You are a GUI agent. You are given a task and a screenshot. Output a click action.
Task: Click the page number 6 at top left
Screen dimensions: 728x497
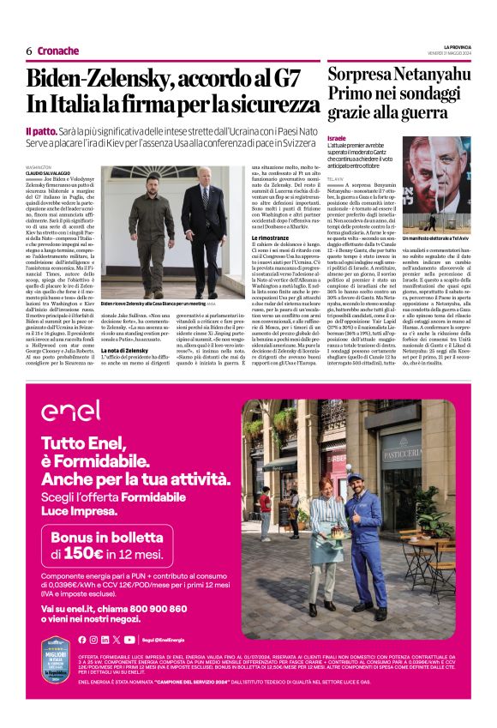click(29, 51)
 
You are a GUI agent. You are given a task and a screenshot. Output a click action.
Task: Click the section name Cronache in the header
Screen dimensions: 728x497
click(58, 51)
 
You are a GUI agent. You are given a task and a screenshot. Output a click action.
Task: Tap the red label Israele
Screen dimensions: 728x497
click(338, 138)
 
